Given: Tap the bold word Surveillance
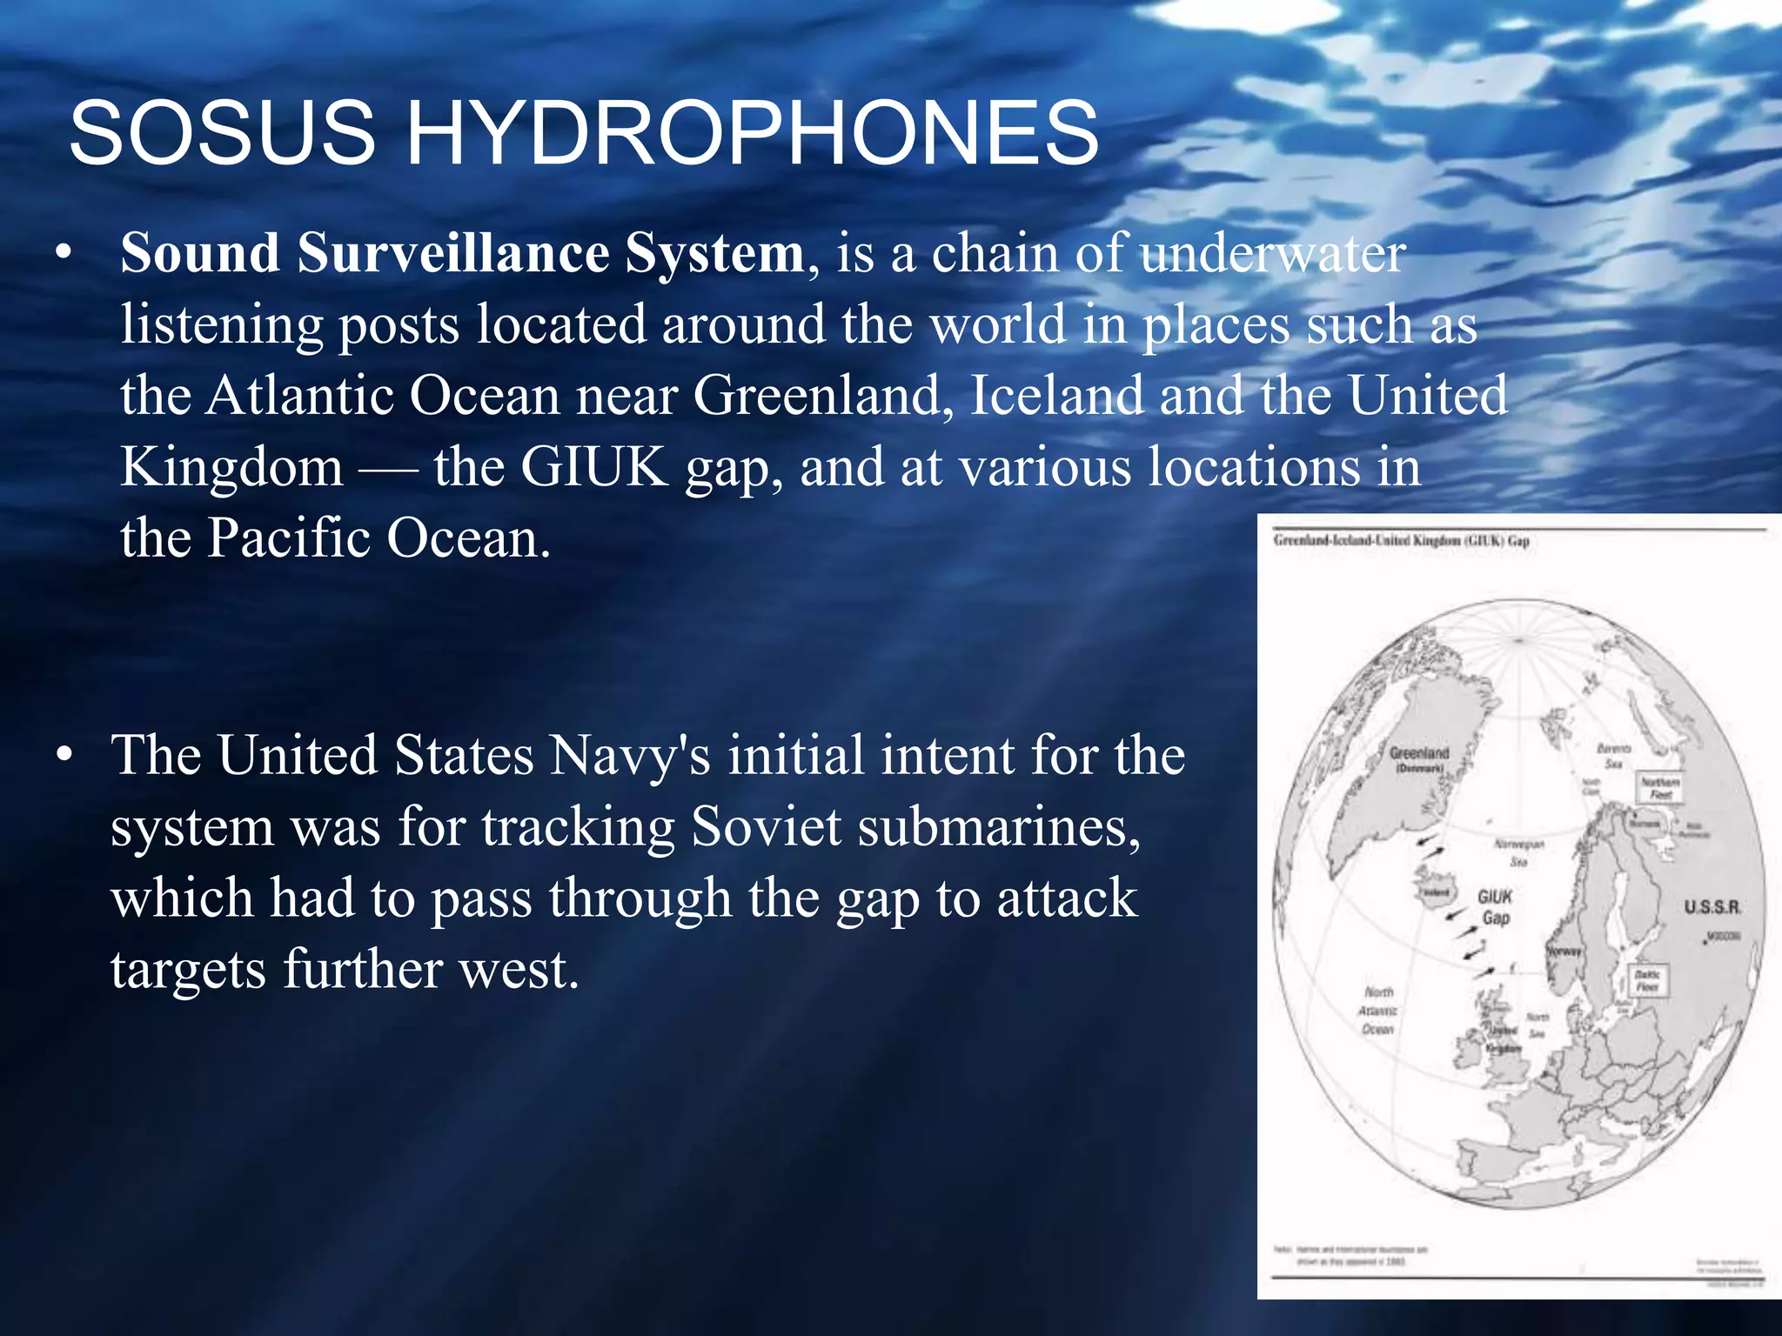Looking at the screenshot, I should click(x=453, y=253).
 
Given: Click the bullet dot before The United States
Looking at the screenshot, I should click(x=63, y=756).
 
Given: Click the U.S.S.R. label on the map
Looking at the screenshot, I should click(x=1712, y=907).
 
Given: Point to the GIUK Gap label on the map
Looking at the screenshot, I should click(x=1495, y=907).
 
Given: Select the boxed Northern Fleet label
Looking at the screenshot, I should click(x=1659, y=788).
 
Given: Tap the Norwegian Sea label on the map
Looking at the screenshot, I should click(x=1519, y=852).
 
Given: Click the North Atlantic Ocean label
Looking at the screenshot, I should click(x=1378, y=1010).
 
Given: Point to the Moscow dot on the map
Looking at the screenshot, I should click(x=1705, y=941).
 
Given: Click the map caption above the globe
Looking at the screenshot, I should click(x=1401, y=541).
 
